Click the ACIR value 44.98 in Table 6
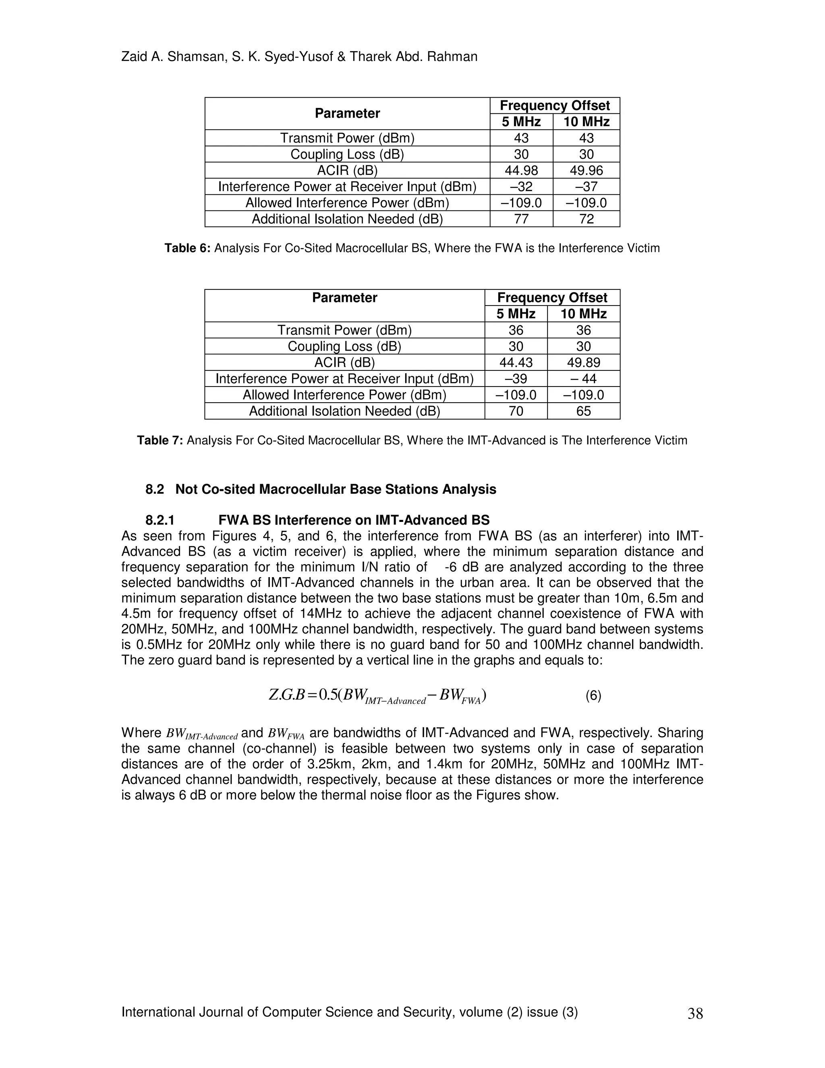point(521,170)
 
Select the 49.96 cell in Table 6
point(586,170)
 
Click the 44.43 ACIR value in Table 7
point(516,362)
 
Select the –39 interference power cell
point(516,378)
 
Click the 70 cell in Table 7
point(516,411)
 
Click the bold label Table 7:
point(160,440)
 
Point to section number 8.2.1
point(160,520)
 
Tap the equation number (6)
point(593,695)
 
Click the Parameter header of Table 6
point(347,114)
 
